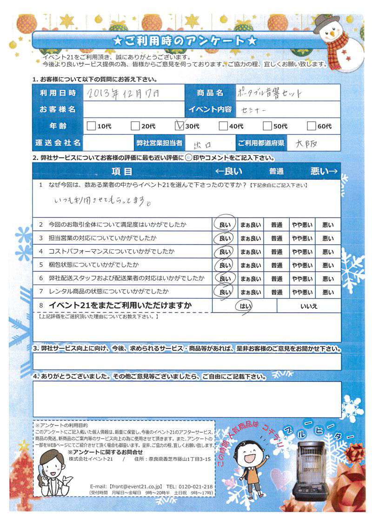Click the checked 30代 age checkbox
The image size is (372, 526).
tap(179, 125)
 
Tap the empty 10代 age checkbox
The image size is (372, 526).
tap(91, 126)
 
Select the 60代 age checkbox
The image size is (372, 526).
tap(312, 126)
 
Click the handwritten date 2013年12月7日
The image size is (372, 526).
tap(123, 93)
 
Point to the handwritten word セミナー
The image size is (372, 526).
tap(253, 109)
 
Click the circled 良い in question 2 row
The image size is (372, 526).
tap(225, 225)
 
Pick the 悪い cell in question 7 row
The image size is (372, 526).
tap(327, 292)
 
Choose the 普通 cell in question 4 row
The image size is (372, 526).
tap(277, 252)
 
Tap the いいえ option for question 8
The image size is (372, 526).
tap(309, 306)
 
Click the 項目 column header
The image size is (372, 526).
tap(122, 171)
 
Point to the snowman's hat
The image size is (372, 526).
tap(326, 22)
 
